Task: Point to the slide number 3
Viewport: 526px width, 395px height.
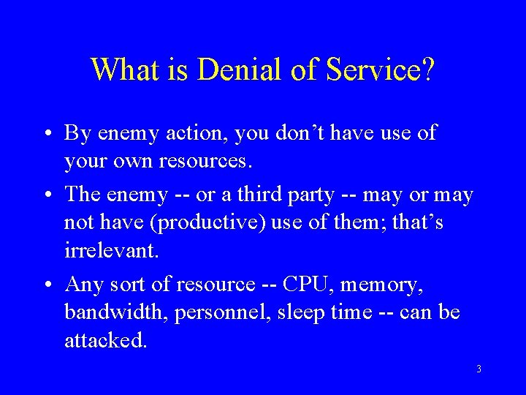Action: (479, 369)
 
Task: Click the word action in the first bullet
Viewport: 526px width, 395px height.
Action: (190, 133)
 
